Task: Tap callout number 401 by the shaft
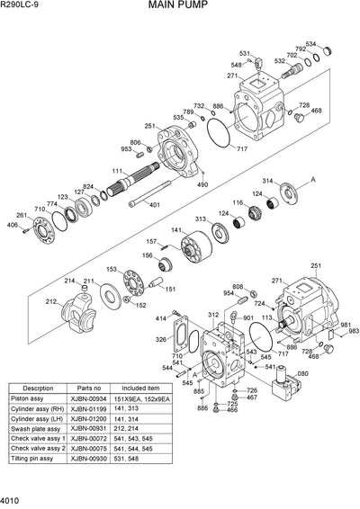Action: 156,205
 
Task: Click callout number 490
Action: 202,184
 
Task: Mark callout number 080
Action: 302,373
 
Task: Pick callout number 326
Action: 160,340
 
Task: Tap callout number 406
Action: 13,225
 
